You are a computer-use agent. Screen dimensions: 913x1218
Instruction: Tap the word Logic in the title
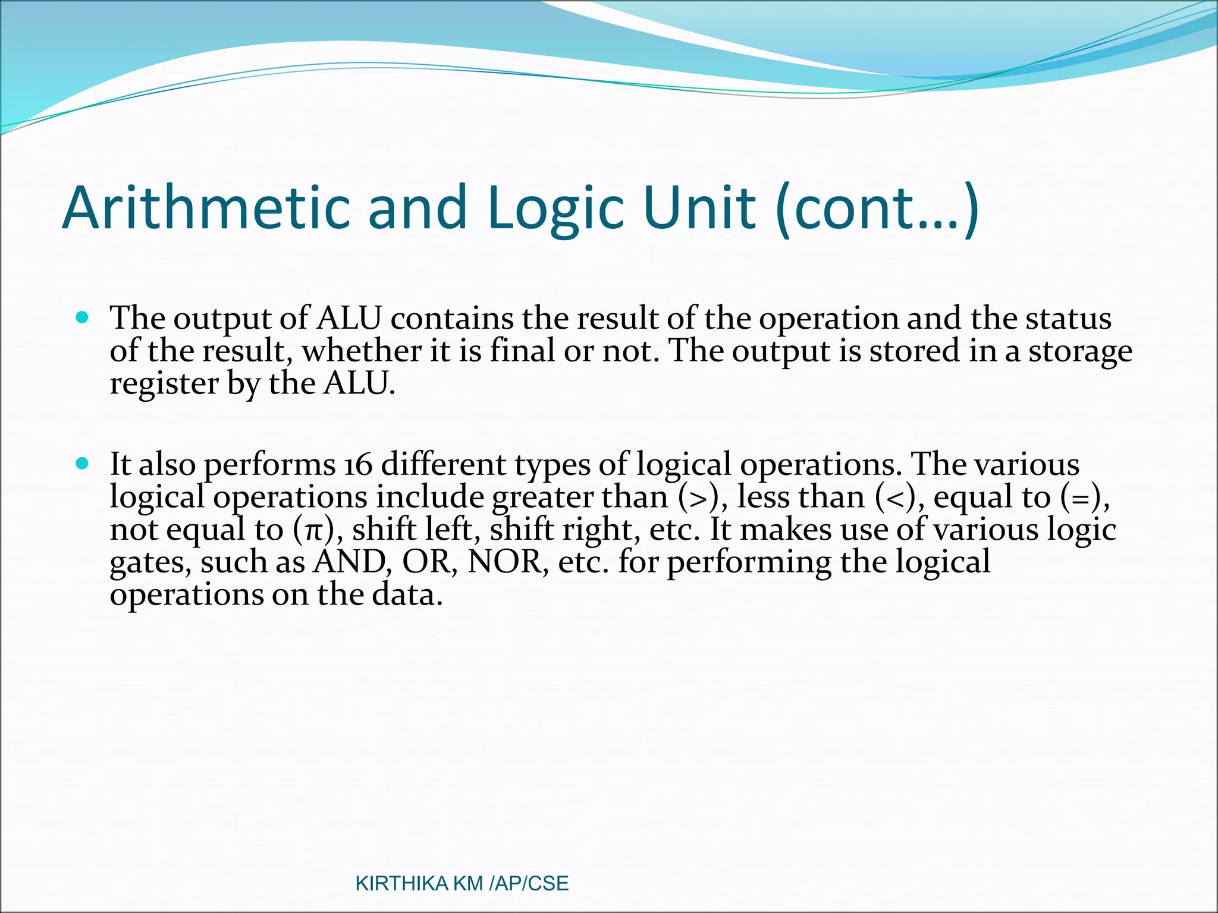(555, 207)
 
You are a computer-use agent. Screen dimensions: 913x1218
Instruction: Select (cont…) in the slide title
(877, 207)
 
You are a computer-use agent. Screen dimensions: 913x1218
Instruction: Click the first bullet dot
(83, 317)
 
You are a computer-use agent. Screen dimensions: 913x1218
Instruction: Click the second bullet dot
(83, 463)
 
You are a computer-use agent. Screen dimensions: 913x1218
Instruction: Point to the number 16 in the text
(358, 464)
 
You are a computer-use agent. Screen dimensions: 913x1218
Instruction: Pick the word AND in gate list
(349, 562)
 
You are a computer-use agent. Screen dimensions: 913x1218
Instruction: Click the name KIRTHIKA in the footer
(401, 883)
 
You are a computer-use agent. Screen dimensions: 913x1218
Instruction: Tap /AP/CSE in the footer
(529, 883)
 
